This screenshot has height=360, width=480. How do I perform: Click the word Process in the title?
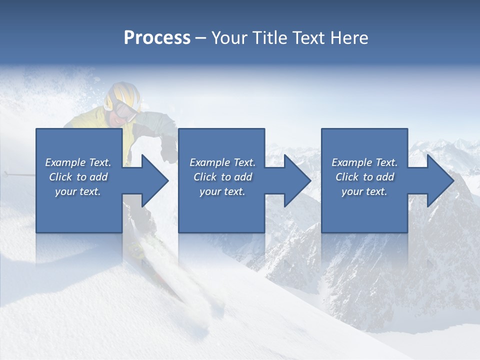point(157,38)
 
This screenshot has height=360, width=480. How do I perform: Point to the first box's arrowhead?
point(155,180)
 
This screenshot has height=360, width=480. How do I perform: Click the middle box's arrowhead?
point(297,180)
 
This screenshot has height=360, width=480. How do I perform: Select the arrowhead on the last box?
point(440,180)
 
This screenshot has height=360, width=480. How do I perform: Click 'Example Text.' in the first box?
point(78,162)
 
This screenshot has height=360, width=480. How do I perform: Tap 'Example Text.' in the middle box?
point(222,162)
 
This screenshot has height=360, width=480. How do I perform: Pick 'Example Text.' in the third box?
point(364,162)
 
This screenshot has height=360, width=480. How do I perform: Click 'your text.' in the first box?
point(78,191)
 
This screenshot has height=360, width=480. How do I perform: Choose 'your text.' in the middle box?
point(222,191)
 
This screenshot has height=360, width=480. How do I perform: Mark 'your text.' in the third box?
point(364,191)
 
